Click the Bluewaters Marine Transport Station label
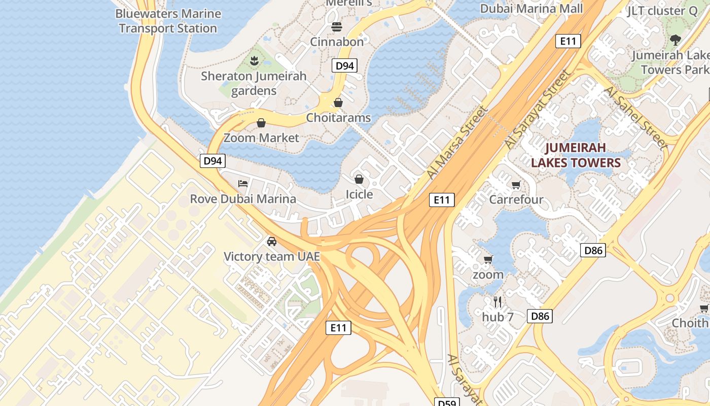click(168, 21)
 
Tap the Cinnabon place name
click(337, 42)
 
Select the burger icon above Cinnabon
click(337, 26)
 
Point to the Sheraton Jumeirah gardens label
click(254, 83)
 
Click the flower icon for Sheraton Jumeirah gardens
click(254, 61)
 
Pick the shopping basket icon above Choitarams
click(338, 103)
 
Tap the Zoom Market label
click(261, 138)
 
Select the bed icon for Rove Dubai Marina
click(243, 183)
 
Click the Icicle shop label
click(359, 194)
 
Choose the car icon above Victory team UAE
click(272, 241)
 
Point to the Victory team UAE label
click(272, 256)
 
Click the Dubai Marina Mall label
click(531, 9)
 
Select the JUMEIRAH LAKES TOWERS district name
click(576, 155)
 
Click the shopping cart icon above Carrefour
click(516, 185)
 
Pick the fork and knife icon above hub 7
click(498, 302)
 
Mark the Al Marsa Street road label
click(457, 143)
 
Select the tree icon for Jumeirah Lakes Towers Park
click(675, 40)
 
